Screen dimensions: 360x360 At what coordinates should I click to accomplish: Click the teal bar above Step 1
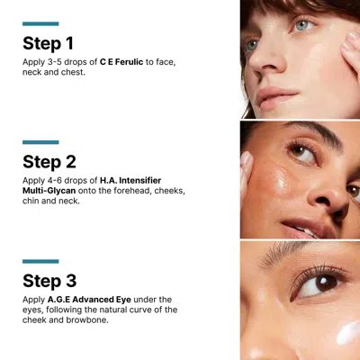[40, 23]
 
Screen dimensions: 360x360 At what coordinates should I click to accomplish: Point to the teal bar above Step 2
[40, 142]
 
